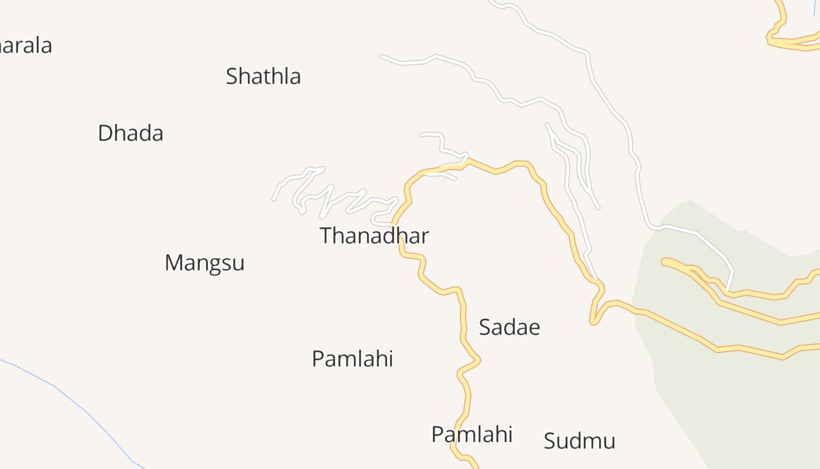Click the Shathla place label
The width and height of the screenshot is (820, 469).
click(x=263, y=76)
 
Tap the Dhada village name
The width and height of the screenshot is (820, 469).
click(x=130, y=133)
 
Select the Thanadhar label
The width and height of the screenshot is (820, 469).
click(x=374, y=236)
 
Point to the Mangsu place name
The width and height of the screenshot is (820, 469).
click(x=204, y=263)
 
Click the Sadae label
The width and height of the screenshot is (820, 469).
click(x=509, y=327)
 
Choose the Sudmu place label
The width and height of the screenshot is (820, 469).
click(x=579, y=441)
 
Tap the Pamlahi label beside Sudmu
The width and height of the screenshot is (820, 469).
click(x=471, y=434)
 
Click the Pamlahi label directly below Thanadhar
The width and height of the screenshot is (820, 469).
click(x=352, y=358)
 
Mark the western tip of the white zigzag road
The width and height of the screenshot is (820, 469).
click(x=274, y=199)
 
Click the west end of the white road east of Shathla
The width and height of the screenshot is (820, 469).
click(x=381, y=56)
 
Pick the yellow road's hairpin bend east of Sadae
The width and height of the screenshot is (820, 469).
click(x=593, y=321)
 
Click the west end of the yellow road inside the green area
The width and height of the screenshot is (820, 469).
click(x=664, y=261)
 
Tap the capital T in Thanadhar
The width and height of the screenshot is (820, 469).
click(x=326, y=236)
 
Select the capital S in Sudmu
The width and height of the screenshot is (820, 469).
click(x=549, y=441)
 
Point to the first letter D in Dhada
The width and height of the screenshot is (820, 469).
click(x=105, y=133)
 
